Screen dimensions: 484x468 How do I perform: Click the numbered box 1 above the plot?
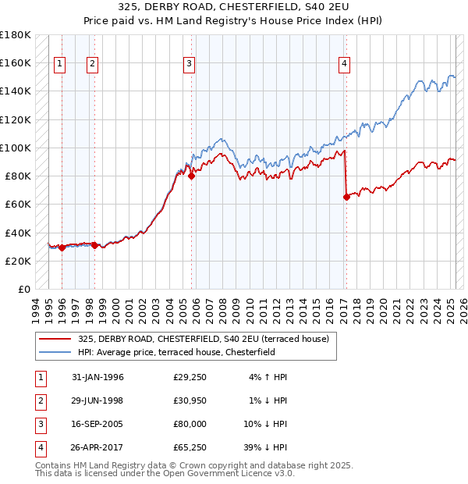(x=60, y=65)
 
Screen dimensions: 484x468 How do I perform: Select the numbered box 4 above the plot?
(x=344, y=65)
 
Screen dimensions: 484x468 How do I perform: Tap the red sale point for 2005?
(x=191, y=176)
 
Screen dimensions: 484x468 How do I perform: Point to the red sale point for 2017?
(x=346, y=197)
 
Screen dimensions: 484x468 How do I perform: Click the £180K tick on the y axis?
(x=16, y=35)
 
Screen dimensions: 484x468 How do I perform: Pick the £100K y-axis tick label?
(x=16, y=148)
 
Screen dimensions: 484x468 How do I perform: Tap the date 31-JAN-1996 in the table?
(x=97, y=377)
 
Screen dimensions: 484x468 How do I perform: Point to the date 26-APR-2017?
(x=97, y=447)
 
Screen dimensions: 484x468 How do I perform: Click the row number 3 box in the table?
(x=38, y=424)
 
